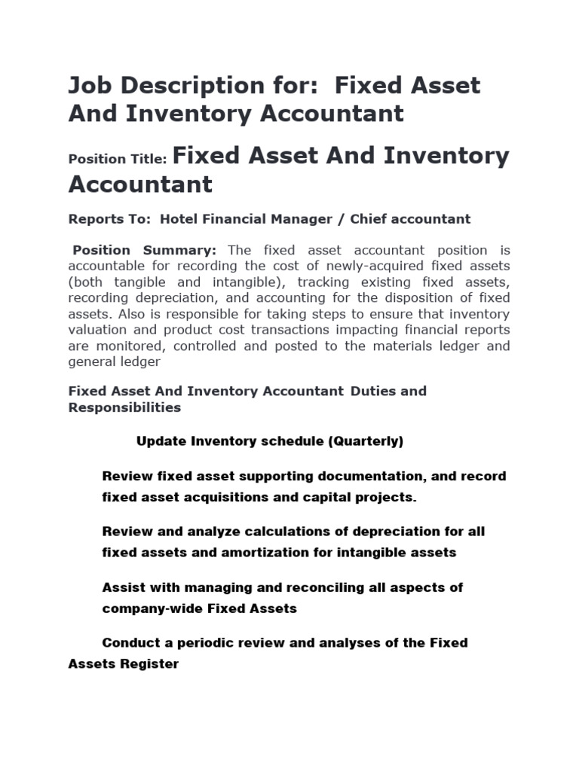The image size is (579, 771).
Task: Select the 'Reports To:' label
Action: pos(109,219)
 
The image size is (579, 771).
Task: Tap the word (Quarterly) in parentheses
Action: pos(366,441)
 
